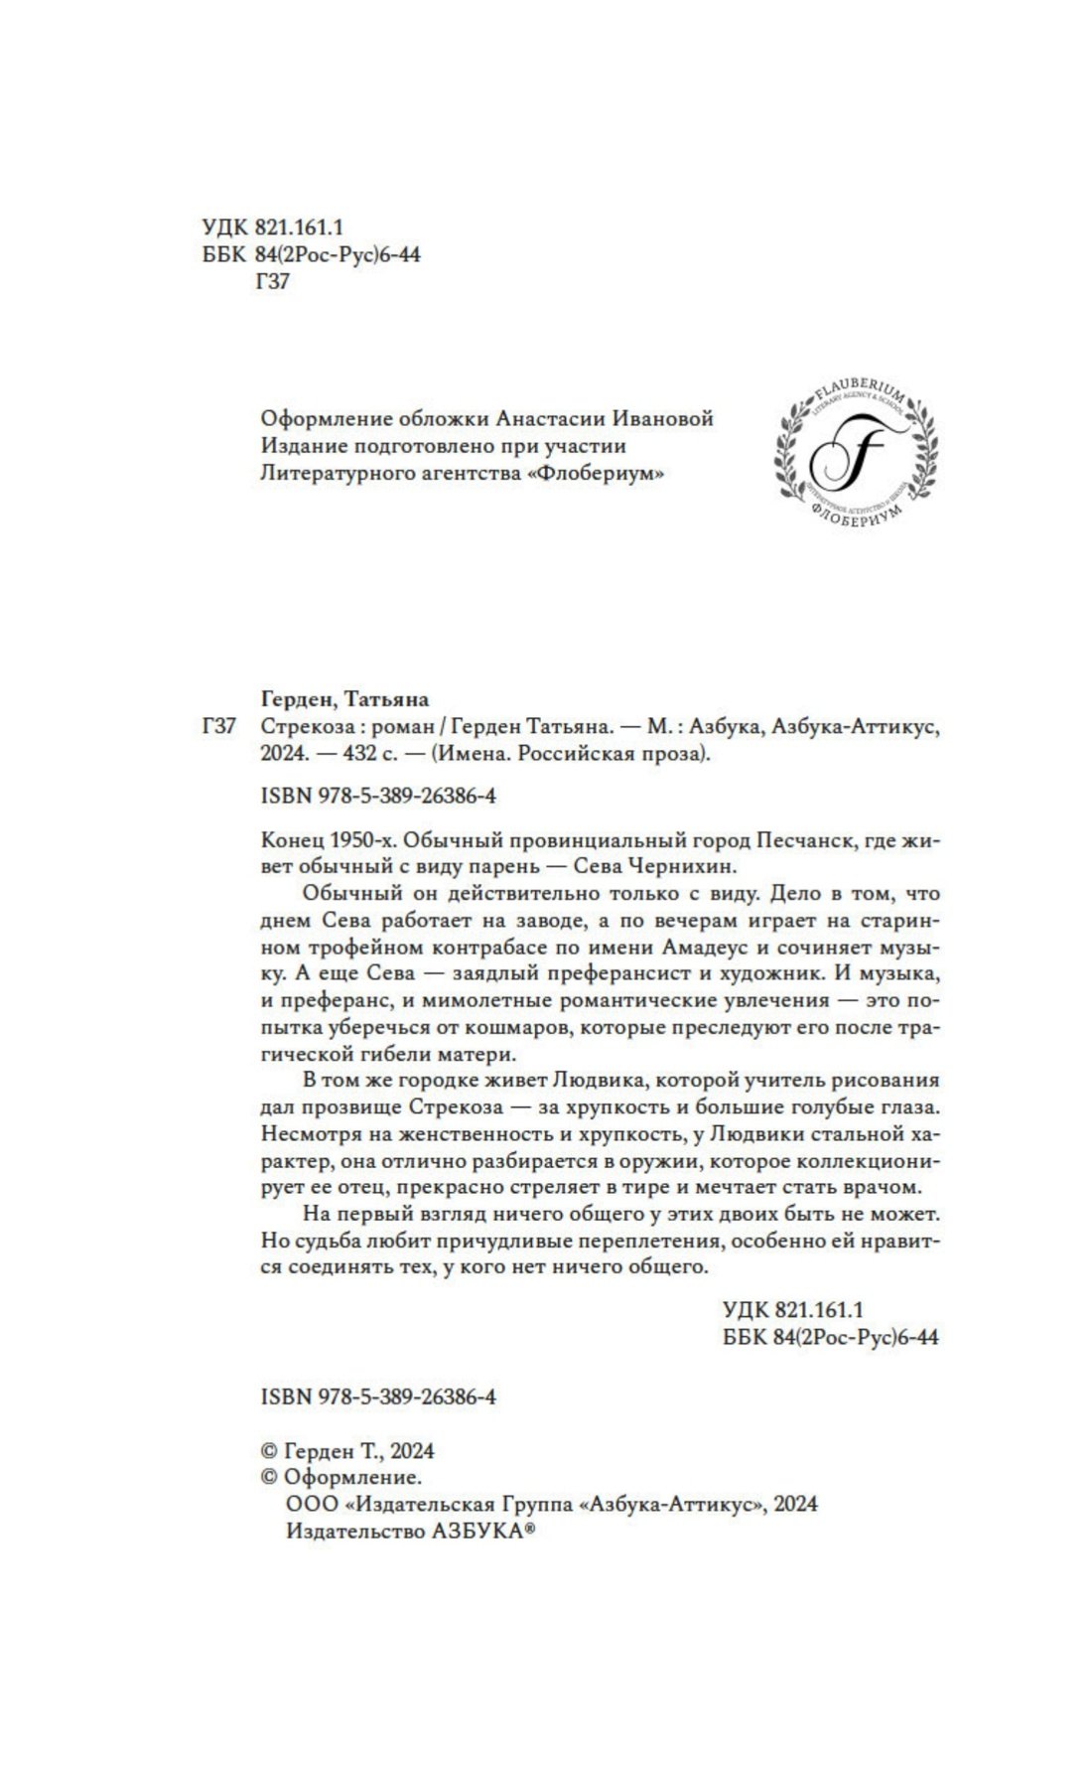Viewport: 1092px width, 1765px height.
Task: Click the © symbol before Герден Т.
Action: tap(268, 1451)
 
